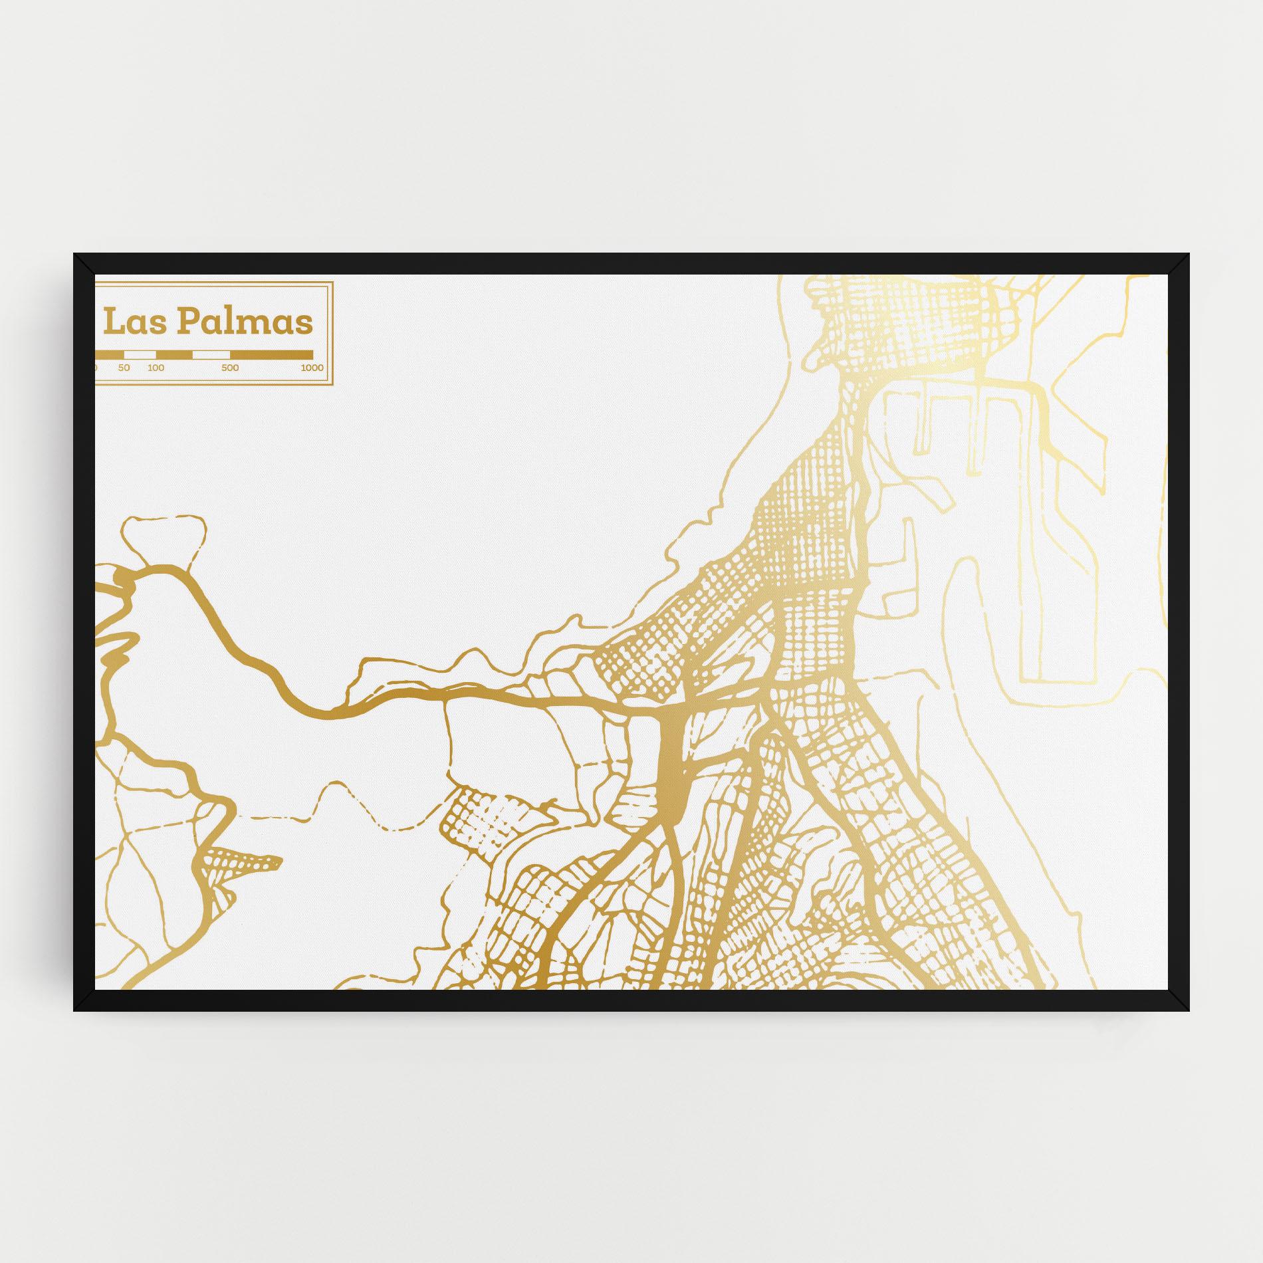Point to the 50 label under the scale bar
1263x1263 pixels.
click(124, 368)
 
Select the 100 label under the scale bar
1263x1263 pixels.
click(156, 368)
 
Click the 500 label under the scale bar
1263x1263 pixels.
click(230, 368)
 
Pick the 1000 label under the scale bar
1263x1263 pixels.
click(312, 368)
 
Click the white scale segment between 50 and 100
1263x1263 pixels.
click(140, 354)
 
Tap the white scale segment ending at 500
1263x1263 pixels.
click(211, 354)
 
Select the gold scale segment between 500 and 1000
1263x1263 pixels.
click(271, 354)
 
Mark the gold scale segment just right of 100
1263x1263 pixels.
click(174, 354)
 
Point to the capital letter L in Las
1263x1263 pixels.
click(113, 322)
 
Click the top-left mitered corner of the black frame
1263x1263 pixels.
click(84, 264)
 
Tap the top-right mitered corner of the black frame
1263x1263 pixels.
click(1179, 264)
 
